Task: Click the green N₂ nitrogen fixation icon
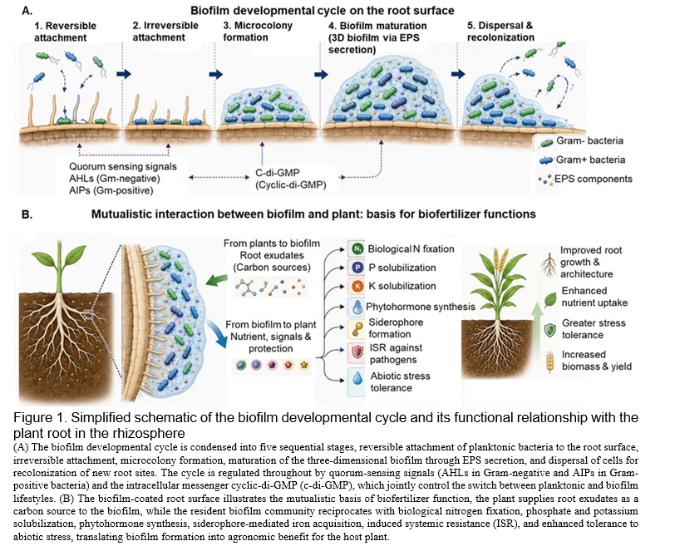(357, 248)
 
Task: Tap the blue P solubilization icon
(357, 268)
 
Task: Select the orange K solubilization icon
(357, 286)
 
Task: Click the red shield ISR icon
(357, 352)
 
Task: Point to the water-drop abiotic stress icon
(357, 378)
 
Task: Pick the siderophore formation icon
(357, 328)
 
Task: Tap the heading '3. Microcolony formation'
(258, 32)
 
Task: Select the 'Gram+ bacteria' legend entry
(582, 160)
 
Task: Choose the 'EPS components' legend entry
(585, 179)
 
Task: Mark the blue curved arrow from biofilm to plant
(219, 333)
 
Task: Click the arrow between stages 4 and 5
(459, 74)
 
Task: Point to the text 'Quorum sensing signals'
(123, 166)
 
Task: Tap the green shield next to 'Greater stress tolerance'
(549, 330)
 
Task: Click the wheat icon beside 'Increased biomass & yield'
(549, 362)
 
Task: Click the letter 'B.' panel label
(27, 214)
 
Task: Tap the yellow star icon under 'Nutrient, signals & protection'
(304, 366)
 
